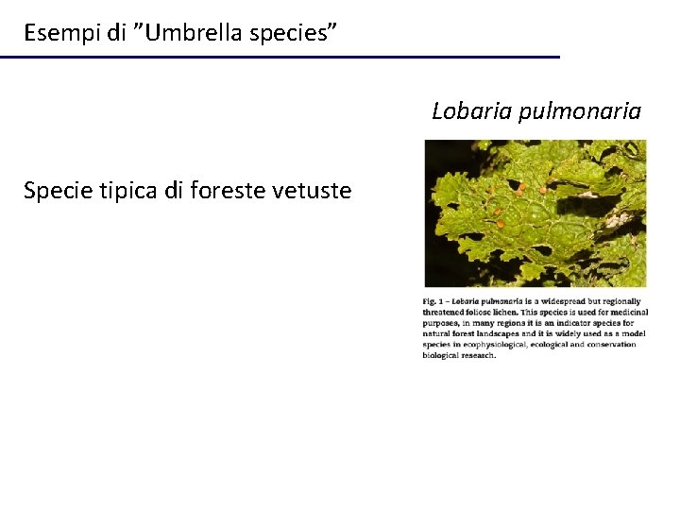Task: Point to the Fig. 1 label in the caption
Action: click(433, 301)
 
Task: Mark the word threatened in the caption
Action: click(447, 312)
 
